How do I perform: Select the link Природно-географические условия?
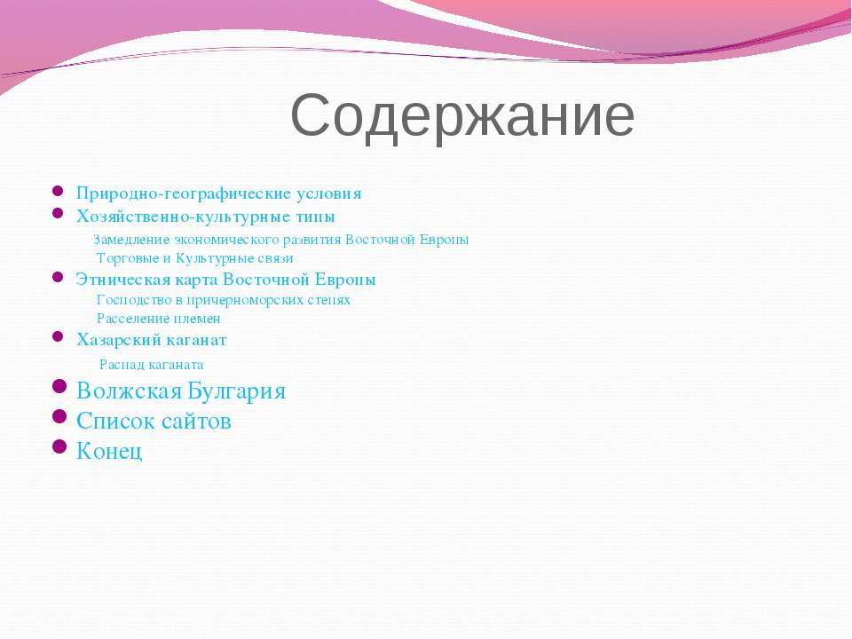pyautogui.click(x=219, y=194)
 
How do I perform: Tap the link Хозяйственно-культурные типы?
pyautogui.click(x=205, y=217)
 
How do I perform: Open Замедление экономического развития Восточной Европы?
pyautogui.click(x=281, y=240)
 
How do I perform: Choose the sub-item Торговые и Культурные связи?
pyautogui.click(x=195, y=258)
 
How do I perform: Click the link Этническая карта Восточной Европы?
pyautogui.click(x=226, y=280)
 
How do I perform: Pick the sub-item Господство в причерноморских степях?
pyautogui.click(x=224, y=300)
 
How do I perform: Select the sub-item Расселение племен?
pyautogui.click(x=159, y=319)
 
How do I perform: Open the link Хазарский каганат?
pyautogui.click(x=152, y=340)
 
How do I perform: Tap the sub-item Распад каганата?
pyautogui.click(x=152, y=365)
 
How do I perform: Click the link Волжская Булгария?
pyautogui.click(x=181, y=391)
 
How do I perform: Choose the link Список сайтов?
pyautogui.click(x=154, y=421)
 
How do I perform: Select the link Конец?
pyautogui.click(x=109, y=451)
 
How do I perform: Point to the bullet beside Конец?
pyautogui.click(x=59, y=446)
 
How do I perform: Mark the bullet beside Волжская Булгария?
pyautogui.click(x=59, y=386)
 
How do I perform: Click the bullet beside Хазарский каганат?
pyautogui.click(x=58, y=336)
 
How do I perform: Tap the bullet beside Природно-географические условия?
pyautogui.click(x=58, y=191)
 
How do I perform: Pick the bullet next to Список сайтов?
pyautogui.click(x=59, y=416)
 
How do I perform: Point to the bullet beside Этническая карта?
pyautogui.click(x=58, y=277)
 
